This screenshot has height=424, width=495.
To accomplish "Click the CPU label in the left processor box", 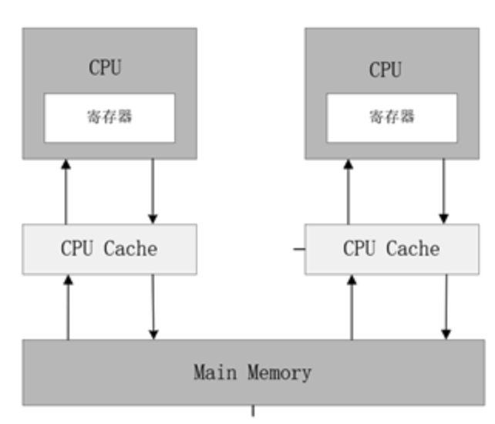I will [105, 67].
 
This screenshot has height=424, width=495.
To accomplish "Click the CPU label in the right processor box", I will [385, 69].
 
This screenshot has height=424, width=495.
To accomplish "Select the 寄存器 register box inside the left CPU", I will [109, 117].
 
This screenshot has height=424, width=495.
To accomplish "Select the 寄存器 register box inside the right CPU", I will [392, 117].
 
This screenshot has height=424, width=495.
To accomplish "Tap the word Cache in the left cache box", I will [130, 249].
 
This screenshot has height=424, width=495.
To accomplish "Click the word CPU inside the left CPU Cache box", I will [77, 249].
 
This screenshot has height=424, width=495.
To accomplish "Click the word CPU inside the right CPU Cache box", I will [359, 249].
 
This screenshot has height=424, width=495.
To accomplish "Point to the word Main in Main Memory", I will [215, 373].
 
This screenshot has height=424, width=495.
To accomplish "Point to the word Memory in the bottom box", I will [279, 373].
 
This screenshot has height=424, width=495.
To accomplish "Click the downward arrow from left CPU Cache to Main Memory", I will [153, 307].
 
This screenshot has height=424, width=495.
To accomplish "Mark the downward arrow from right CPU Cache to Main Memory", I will [446, 307].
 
